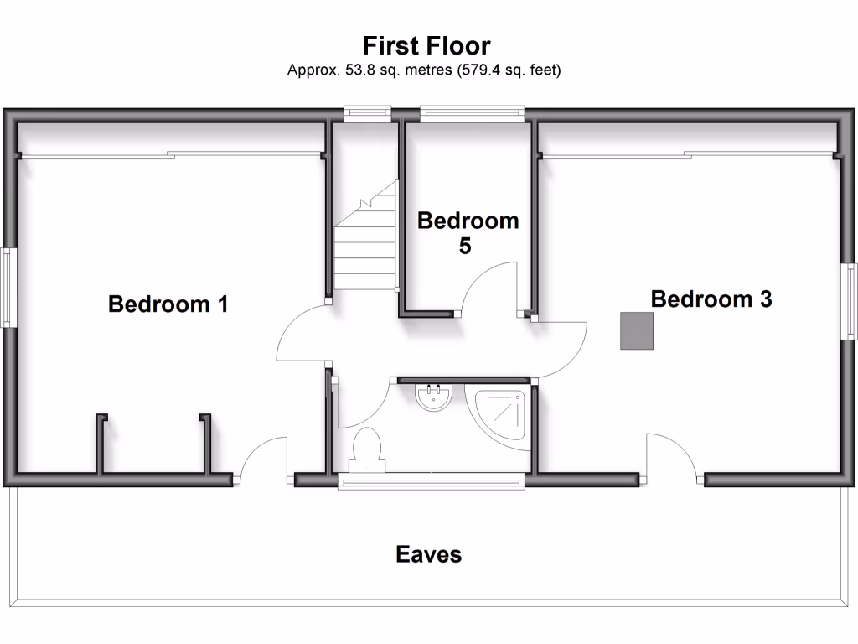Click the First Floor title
pyautogui.click(x=426, y=45)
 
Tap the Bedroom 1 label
pyautogui.click(x=168, y=304)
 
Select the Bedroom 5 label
pyautogui.click(x=468, y=232)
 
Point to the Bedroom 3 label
pyautogui.click(x=711, y=299)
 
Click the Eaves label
pyautogui.click(x=428, y=554)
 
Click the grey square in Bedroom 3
pyautogui.click(x=637, y=330)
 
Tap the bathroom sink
pyautogui.click(x=434, y=397)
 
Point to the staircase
pyautogui.click(x=365, y=243)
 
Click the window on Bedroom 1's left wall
pyautogui.click(x=8, y=287)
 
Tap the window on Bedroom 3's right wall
pyautogui.click(x=850, y=301)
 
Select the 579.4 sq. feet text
pyautogui.click(x=509, y=70)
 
